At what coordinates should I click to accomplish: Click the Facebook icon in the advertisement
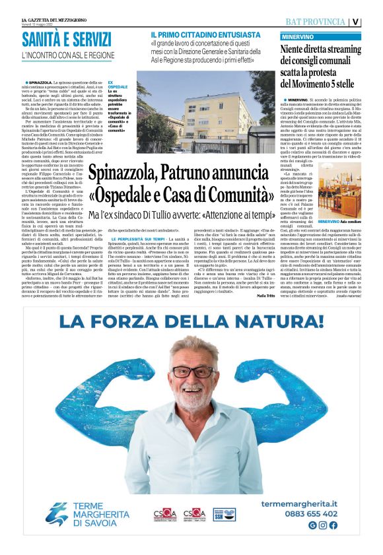pos(333,525)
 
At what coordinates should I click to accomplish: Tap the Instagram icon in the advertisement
pos(323,525)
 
